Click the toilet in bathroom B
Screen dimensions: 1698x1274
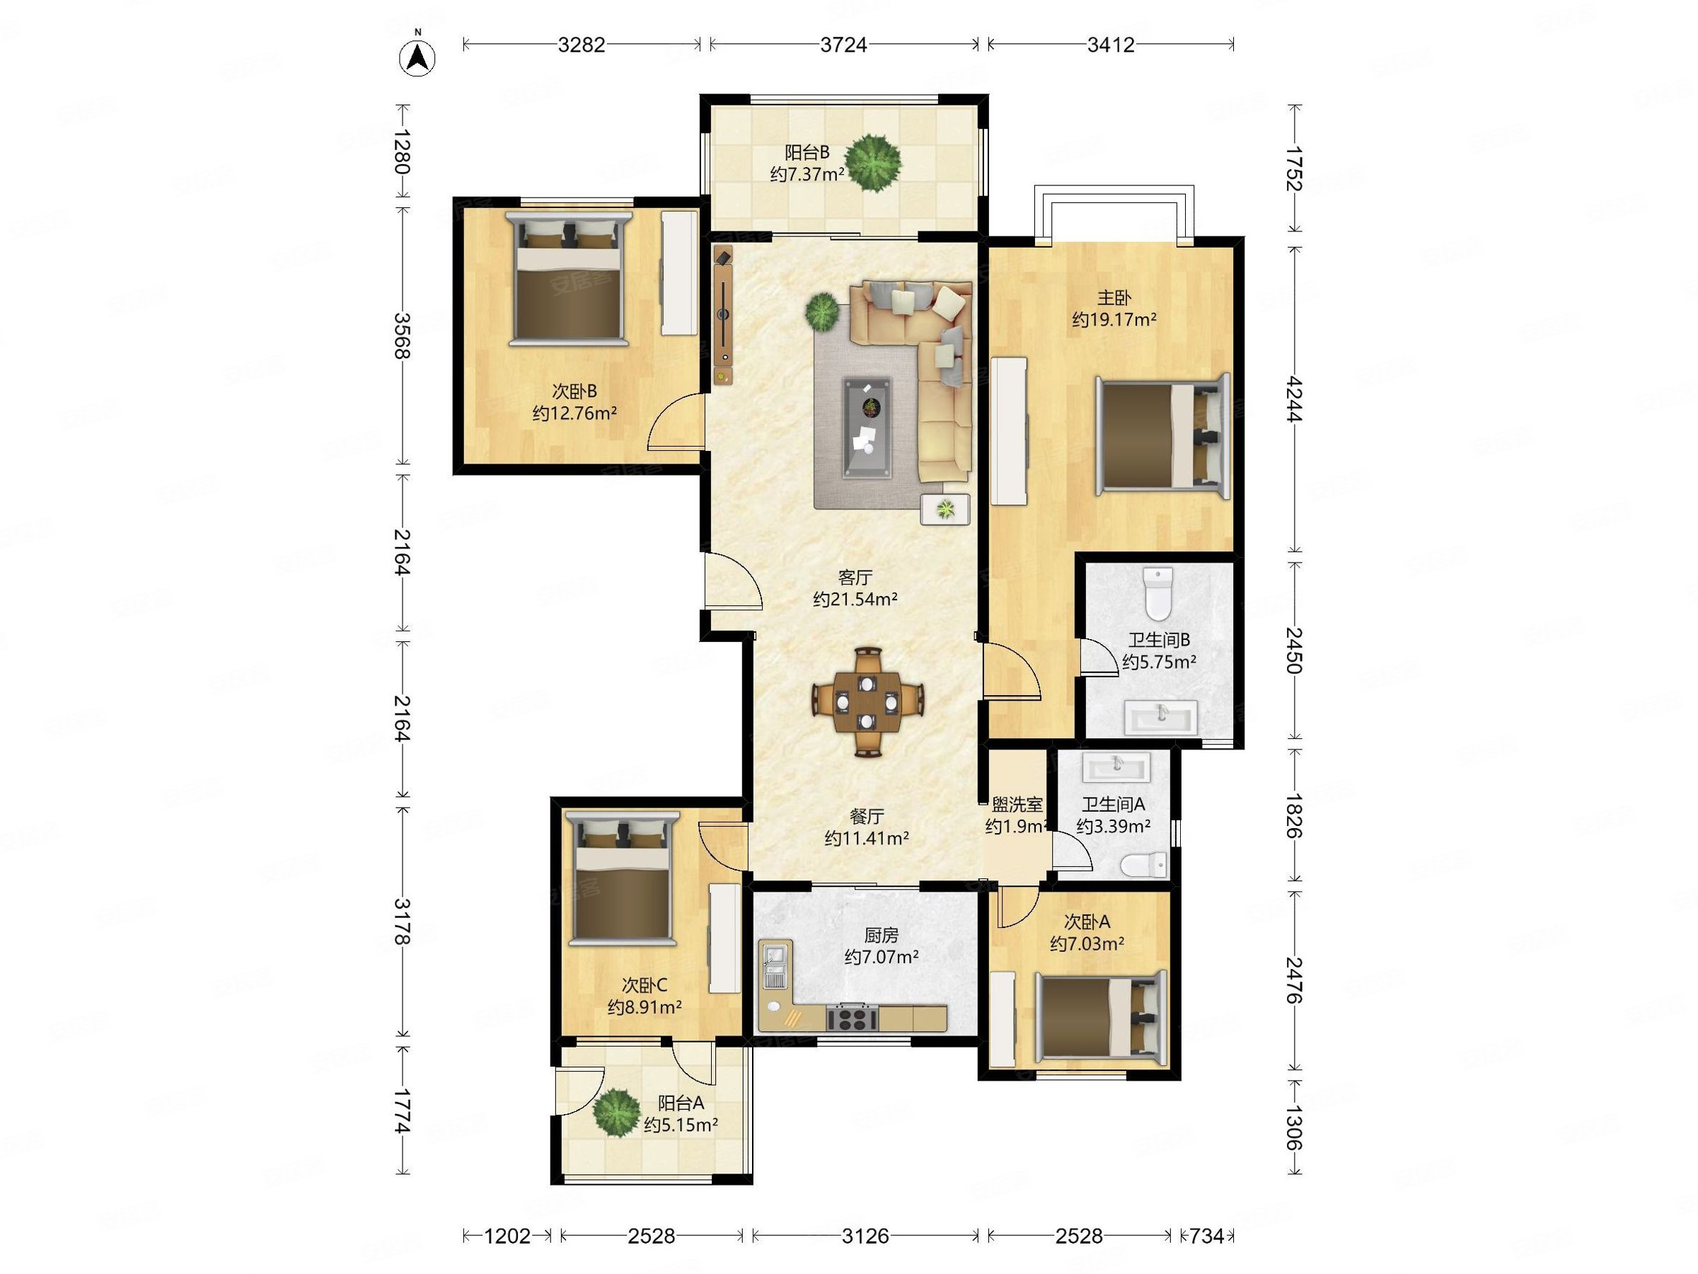(x=1158, y=593)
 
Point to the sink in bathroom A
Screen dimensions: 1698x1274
(x=1116, y=766)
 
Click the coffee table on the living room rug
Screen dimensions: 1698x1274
(x=867, y=427)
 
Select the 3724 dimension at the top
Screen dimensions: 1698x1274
(x=843, y=45)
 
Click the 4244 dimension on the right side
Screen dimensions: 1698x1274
(x=1295, y=398)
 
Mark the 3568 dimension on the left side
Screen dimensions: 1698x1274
(x=401, y=335)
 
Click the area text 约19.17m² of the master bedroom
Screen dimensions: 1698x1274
(x=1114, y=319)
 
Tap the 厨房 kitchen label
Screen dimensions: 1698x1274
(x=882, y=936)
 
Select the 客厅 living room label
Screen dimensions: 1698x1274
(x=855, y=577)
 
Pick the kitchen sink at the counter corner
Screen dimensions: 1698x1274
(x=775, y=964)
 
